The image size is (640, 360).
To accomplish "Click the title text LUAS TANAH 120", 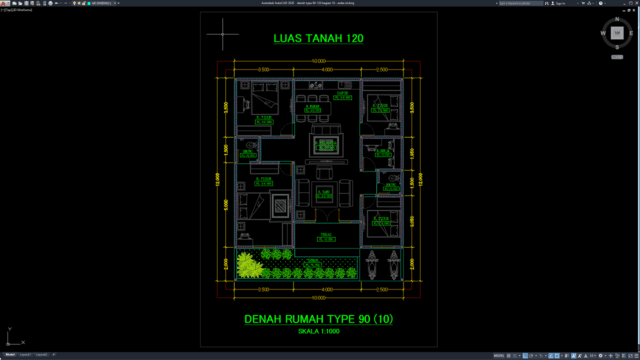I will pos(318,39).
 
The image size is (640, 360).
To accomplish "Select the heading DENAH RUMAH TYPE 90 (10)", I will pos(318,319).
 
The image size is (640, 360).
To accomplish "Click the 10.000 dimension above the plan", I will pos(319,62).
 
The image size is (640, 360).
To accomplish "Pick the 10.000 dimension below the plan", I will pos(319,297).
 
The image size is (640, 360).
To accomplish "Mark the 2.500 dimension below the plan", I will pos(382,289).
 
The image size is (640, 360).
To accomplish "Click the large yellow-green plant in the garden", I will pos(245,266).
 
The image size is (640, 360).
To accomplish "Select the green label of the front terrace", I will pos(324,237).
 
